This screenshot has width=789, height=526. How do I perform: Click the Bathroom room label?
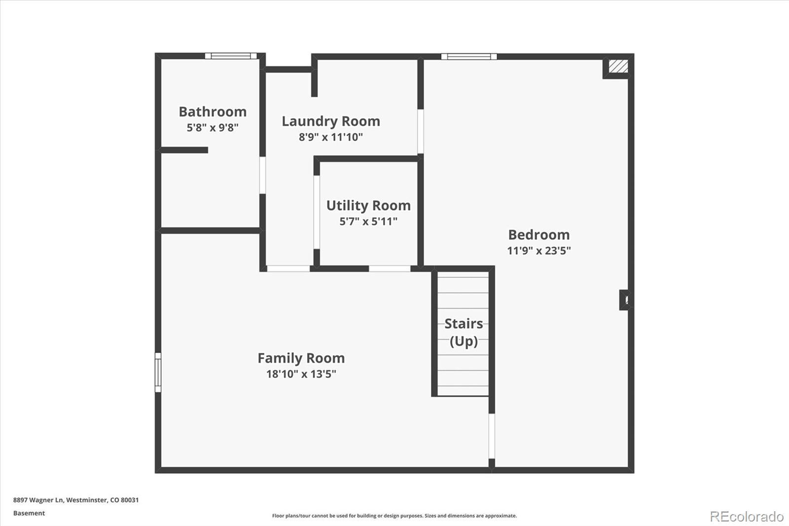(213, 112)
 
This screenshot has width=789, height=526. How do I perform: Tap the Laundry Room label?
(331, 121)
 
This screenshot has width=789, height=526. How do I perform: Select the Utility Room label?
(368, 206)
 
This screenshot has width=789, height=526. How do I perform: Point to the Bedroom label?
(539, 235)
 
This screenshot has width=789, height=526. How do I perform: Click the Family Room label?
(301, 358)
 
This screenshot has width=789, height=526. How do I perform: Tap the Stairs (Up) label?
(464, 332)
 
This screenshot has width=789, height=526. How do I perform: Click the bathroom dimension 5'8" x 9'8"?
(213, 128)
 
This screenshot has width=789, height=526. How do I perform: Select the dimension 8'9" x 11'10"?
(331, 137)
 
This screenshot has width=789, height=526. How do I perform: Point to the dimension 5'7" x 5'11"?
(368, 222)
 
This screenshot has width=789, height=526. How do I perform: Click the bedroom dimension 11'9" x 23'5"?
(539, 251)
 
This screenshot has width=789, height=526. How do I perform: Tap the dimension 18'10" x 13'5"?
(301, 374)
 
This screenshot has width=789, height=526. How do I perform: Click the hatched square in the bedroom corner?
(618, 66)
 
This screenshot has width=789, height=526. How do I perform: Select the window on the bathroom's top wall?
(231, 56)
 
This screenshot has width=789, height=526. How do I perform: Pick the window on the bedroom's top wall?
(469, 56)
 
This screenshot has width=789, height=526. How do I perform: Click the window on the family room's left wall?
(158, 372)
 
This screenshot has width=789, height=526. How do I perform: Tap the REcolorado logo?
(747, 517)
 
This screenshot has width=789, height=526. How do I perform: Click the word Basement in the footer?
(29, 513)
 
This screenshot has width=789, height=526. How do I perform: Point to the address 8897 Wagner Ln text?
(39, 500)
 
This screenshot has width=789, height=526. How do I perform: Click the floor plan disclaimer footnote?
(394, 516)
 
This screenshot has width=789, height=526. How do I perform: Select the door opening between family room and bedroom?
(492, 436)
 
